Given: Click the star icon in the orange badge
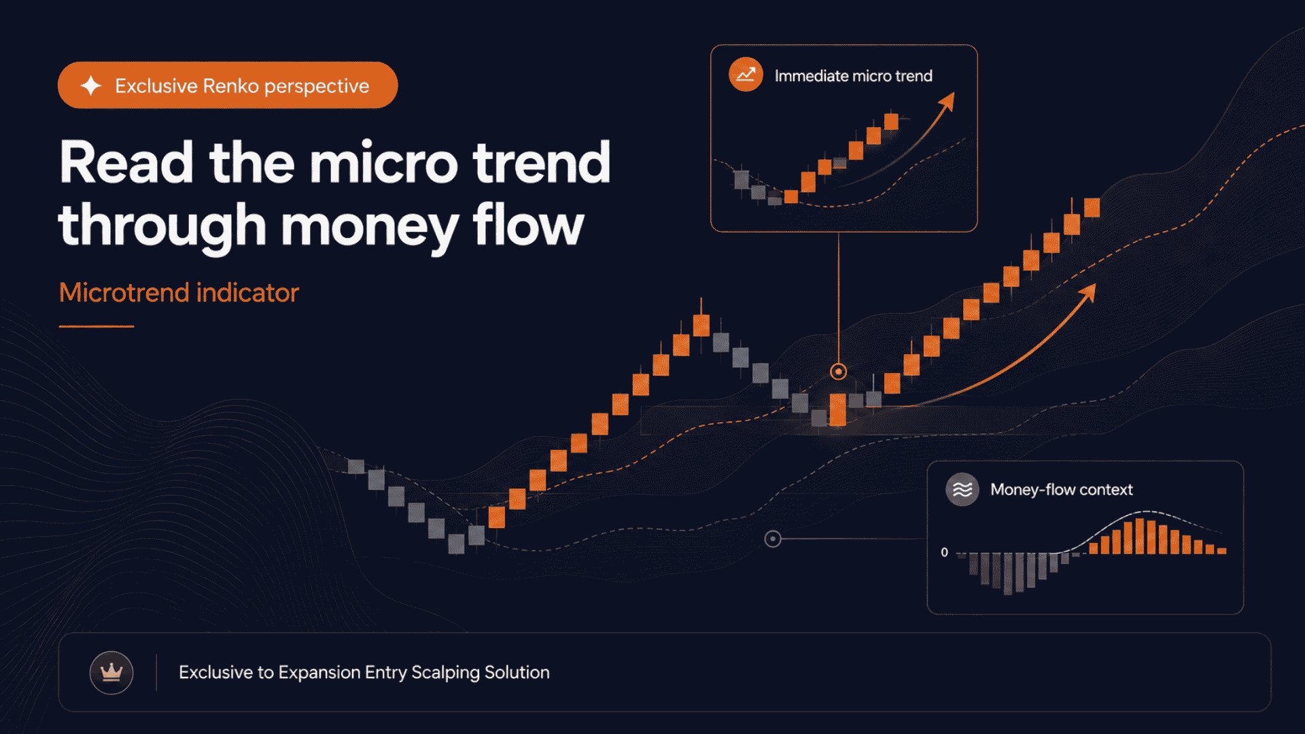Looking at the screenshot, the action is click(x=91, y=86).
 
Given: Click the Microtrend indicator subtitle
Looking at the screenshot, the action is click(x=179, y=293).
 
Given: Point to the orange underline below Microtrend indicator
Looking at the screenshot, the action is click(x=97, y=326).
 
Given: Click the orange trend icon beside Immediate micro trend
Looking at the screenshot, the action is click(x=746, y=75).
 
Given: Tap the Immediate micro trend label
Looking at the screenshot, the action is click(x=853, y=76).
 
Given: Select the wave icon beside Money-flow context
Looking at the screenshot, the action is click(x=962, y=489).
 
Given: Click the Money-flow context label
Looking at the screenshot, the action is click(x=1061, y=489).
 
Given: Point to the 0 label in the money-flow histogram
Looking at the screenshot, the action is click(x=944, y=552).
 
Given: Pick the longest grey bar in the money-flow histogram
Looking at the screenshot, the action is click(x=1008, y=574).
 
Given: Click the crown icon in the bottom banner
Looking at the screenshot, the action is click(x=111, y=673).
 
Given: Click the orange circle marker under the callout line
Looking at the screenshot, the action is click(x=839, y=372).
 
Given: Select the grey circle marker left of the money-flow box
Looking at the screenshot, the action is click(x=773, y=539).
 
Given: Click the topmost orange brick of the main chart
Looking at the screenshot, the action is click(x=1092, y=207).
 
